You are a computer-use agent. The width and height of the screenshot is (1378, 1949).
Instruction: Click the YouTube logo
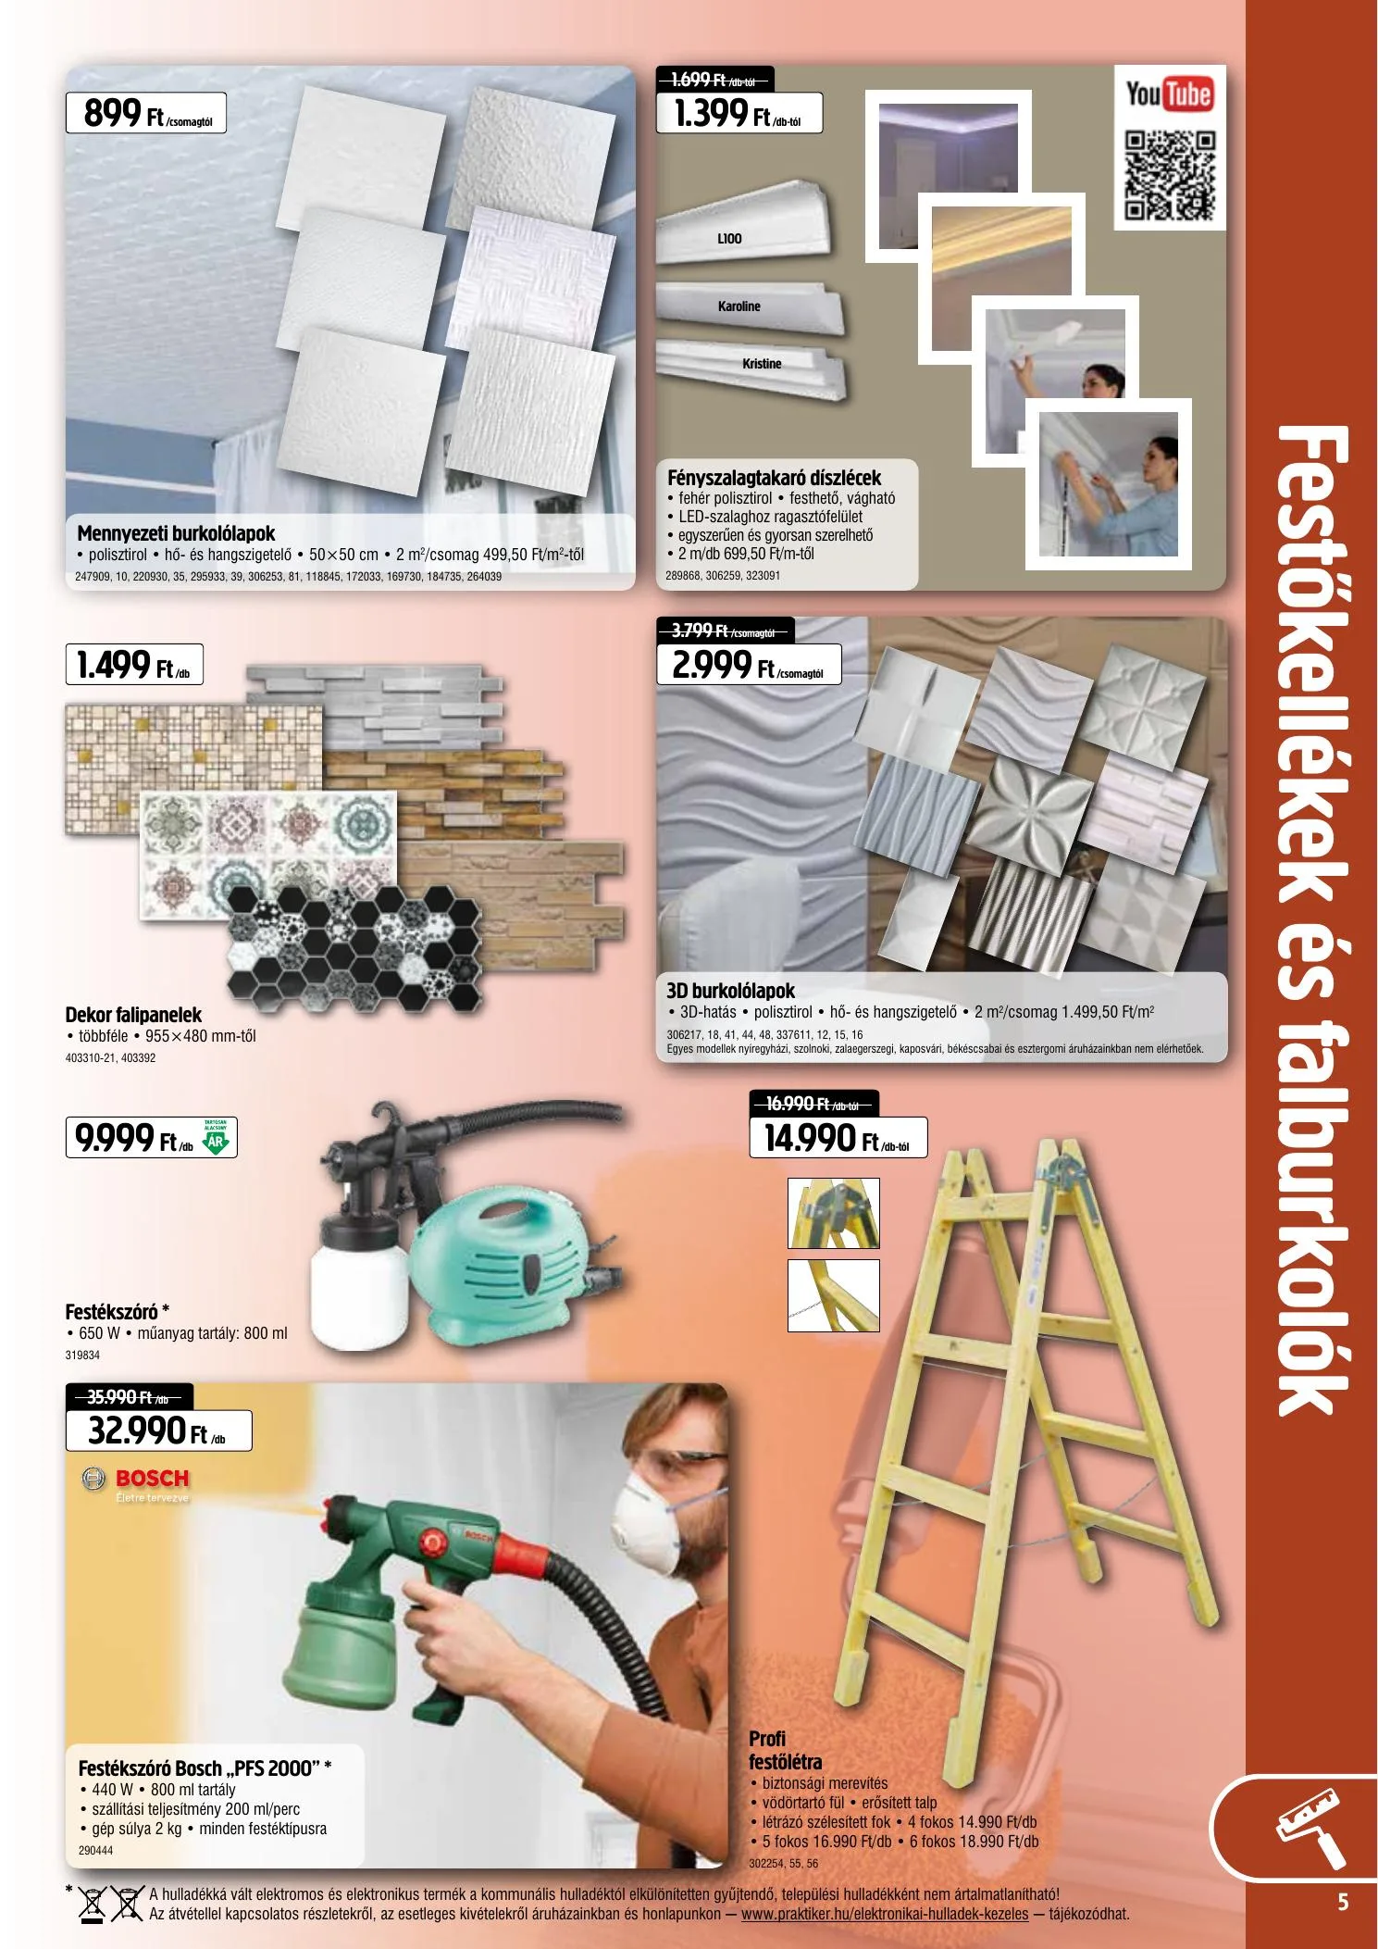click(x=1169, y=95)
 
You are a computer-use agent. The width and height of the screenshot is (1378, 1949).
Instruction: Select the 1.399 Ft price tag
click(x=739, y=114)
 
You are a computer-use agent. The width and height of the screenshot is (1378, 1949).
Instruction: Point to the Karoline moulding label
click(x=739, y=306)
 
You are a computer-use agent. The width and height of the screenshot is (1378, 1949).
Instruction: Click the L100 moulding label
click(x=729, y=239)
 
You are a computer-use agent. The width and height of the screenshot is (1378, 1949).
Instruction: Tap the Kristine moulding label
click(x=762, y=364)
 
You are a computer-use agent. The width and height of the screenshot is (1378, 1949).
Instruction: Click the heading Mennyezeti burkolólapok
click(x=176, y=533)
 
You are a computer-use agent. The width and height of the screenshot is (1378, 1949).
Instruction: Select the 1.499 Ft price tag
click(x=134, y=665)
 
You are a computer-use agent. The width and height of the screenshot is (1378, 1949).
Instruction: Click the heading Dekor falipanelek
click(x=133, y=1015)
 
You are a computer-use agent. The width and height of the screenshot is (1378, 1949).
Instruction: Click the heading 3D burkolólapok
click(x=731, y=990)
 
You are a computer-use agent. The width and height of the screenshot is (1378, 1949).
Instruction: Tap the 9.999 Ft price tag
click(x=152, y=1138)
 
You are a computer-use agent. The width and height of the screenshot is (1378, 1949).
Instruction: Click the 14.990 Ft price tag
click(x=838, y=1137)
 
